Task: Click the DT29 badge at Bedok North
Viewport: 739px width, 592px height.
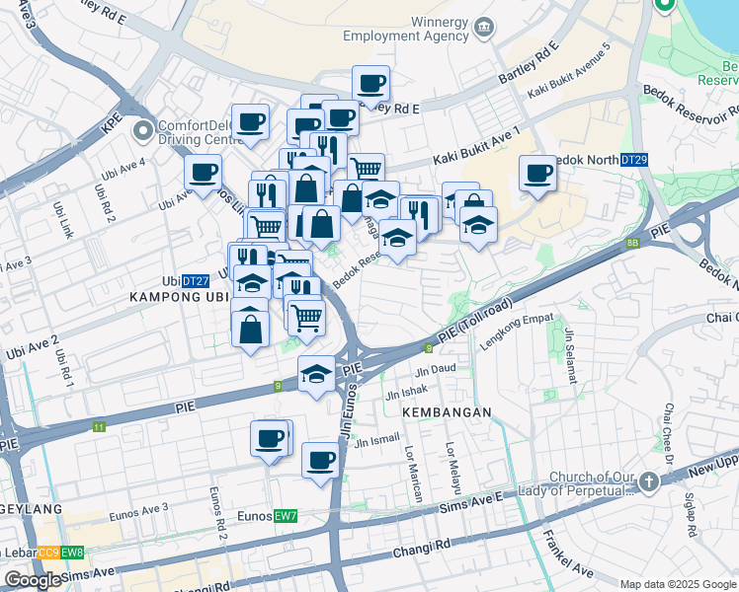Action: [633, 160]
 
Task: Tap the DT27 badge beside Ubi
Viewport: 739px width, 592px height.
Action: [195, 281]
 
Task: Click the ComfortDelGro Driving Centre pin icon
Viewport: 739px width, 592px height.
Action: [144, 129]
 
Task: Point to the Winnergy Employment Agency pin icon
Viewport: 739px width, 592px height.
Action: [483, 27]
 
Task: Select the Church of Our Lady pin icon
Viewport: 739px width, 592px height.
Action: [648, 482]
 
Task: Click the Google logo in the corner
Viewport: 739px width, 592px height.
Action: [33, 579]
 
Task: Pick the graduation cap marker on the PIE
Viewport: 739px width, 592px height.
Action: [316, 375]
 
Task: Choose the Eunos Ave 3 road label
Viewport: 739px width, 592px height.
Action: [138, 508]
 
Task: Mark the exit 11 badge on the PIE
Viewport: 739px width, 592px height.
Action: [99, 427]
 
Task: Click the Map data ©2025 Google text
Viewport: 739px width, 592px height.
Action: [677, 584]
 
